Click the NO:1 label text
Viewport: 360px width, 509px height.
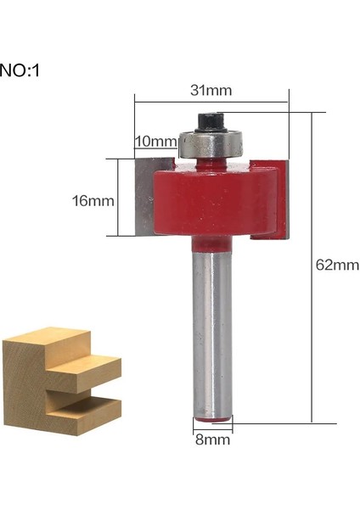click(x=20, y=70)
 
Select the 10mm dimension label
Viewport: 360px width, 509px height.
click(x=155, y=141)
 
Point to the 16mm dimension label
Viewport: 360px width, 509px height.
click(x=93, y=201)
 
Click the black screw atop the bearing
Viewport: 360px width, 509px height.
click(x=209, y=122)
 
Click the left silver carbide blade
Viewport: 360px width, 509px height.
click(x=143, y=197)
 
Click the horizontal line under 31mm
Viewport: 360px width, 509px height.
click(x=211, y=103)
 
